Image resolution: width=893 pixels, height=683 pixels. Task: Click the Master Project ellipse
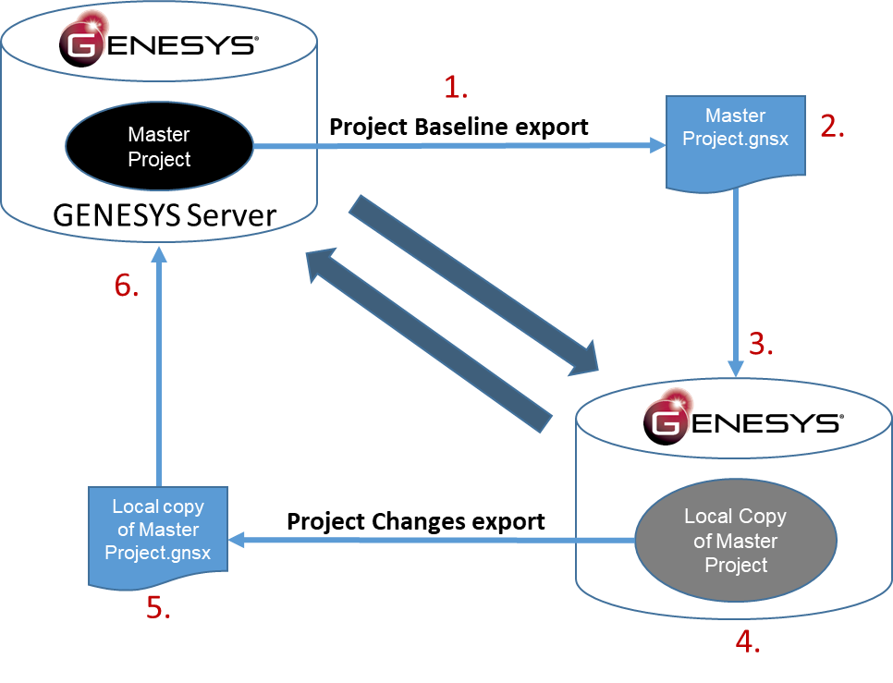point(159,147)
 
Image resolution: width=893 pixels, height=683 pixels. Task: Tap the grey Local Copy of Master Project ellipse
point(736,541)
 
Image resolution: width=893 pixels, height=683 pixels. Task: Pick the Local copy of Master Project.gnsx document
point(158,533)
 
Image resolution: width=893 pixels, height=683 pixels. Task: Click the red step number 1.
point(457,88)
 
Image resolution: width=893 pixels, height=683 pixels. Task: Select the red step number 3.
point(761,344)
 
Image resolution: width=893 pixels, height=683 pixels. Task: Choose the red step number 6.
point(128,287)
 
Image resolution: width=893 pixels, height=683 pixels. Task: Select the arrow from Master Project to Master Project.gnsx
point(453,145)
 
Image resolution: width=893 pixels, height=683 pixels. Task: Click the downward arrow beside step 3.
point(736,277)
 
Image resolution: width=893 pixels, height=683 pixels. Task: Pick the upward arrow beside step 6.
point(159,370)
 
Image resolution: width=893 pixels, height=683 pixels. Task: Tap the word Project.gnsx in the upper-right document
point(736,140)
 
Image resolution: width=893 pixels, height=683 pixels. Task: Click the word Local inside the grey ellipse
point(707,517)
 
